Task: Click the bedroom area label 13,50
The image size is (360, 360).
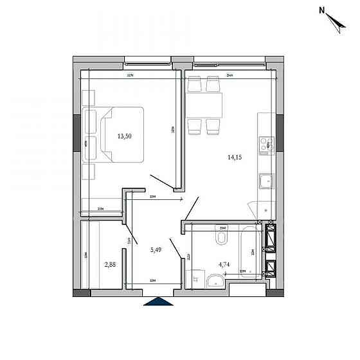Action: click(x=125, y=136)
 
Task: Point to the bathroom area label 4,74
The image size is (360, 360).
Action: click(x=224, y=264)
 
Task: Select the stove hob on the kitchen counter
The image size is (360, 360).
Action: click(x=265, y=145)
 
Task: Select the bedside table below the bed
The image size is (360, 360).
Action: click(x=89, y=172)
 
